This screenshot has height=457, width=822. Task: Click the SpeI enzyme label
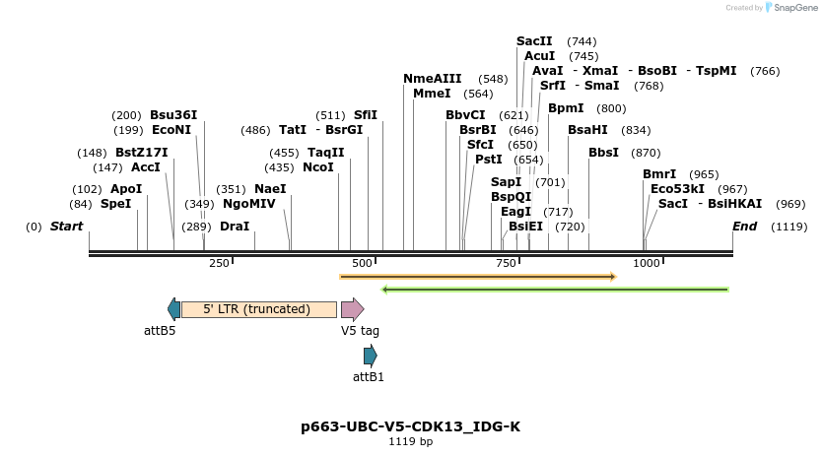coord(115,204)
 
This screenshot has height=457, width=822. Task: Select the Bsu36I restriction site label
coord(173,115)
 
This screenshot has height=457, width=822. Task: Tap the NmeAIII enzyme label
coord(432,79)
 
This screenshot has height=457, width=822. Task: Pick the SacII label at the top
coord(534,41)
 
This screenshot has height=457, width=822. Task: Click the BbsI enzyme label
coord(603,153)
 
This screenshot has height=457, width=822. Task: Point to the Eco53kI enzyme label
coord(677,189)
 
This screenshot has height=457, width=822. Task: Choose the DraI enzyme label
coord(235,227)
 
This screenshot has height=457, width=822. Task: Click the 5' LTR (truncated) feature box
coord(258,309)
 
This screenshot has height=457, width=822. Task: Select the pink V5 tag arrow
coord(352,309)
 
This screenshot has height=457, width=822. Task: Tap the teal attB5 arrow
coord(174,309)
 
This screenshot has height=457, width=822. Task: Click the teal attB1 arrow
coord(370,357)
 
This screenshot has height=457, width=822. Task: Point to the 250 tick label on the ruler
coord(219,263)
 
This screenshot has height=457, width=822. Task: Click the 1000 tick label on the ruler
coord(646,263)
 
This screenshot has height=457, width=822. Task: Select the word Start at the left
coord(66,227)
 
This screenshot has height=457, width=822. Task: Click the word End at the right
coord(744,227)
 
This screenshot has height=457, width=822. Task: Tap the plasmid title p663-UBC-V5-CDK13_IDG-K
coord(410,426)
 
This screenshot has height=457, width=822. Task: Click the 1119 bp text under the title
coord(410,442)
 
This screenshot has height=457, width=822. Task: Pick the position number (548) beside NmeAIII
coord(493,79)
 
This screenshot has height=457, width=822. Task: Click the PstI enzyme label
coord(489,160)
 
